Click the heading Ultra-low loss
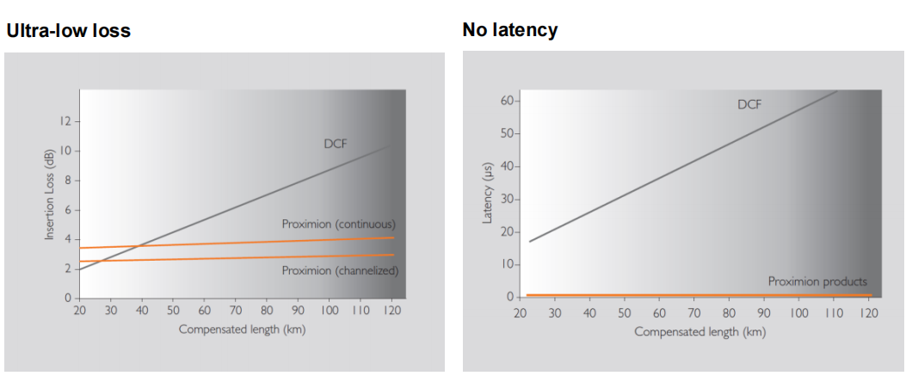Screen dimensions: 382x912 coord(68,31)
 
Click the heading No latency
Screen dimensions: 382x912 coord(509,30)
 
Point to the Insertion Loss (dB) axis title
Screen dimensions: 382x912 coord(50,194)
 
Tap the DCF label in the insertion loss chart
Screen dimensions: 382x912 coord(335,144)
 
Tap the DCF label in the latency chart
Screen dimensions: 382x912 coord(749,105)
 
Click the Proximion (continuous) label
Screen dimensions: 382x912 coord(338,224)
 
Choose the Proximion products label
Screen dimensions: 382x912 coord(817,281)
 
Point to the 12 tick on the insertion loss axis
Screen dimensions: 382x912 coord(65,121)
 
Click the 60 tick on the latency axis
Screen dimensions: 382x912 coord(505,102)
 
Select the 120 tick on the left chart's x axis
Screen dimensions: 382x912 coord(392,310)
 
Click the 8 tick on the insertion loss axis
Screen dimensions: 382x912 coord(67,181)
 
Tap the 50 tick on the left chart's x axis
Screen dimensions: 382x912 coord(173,310)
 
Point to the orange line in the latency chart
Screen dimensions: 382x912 coord(688,295)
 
